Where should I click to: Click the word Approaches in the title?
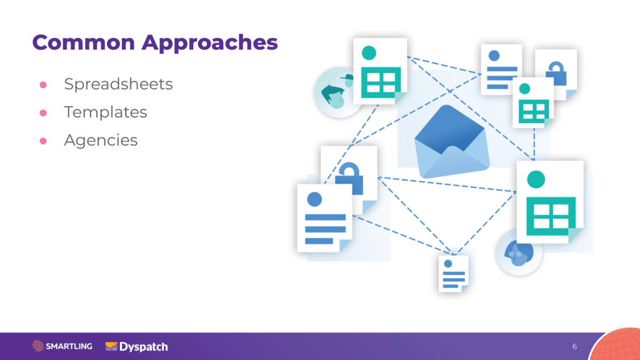click(209, 44)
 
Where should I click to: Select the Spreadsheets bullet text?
click(118, 84)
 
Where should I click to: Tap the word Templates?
click(105, 112)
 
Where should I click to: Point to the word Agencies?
click(101, 141)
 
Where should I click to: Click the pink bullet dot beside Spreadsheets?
click(44, 85)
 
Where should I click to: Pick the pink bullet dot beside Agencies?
click(44, 141)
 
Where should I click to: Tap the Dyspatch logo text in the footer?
click(143, 346)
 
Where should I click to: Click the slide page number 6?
click(574, 346)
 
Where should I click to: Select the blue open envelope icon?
click(450, 142)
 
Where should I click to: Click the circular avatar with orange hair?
click(518, 252)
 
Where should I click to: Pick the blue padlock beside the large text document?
click(349, 178)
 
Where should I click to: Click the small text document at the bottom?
click(453, 273)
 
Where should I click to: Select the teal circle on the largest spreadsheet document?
click(536, 179)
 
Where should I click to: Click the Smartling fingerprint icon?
click(38, 346)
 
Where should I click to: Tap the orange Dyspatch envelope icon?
click(112, 346)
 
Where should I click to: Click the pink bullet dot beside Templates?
click(44, 113)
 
